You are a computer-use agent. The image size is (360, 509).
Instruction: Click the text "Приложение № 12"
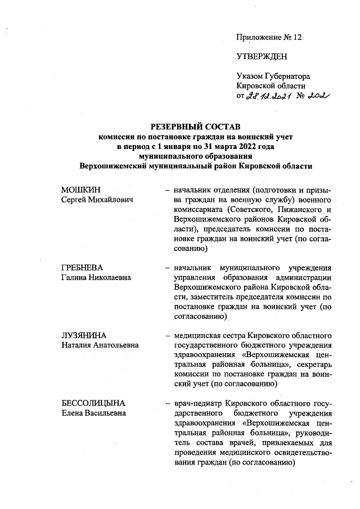pos(269,38)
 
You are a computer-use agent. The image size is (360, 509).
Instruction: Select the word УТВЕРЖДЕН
pos(262,57)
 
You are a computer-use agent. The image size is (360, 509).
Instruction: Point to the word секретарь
pos(314,365)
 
